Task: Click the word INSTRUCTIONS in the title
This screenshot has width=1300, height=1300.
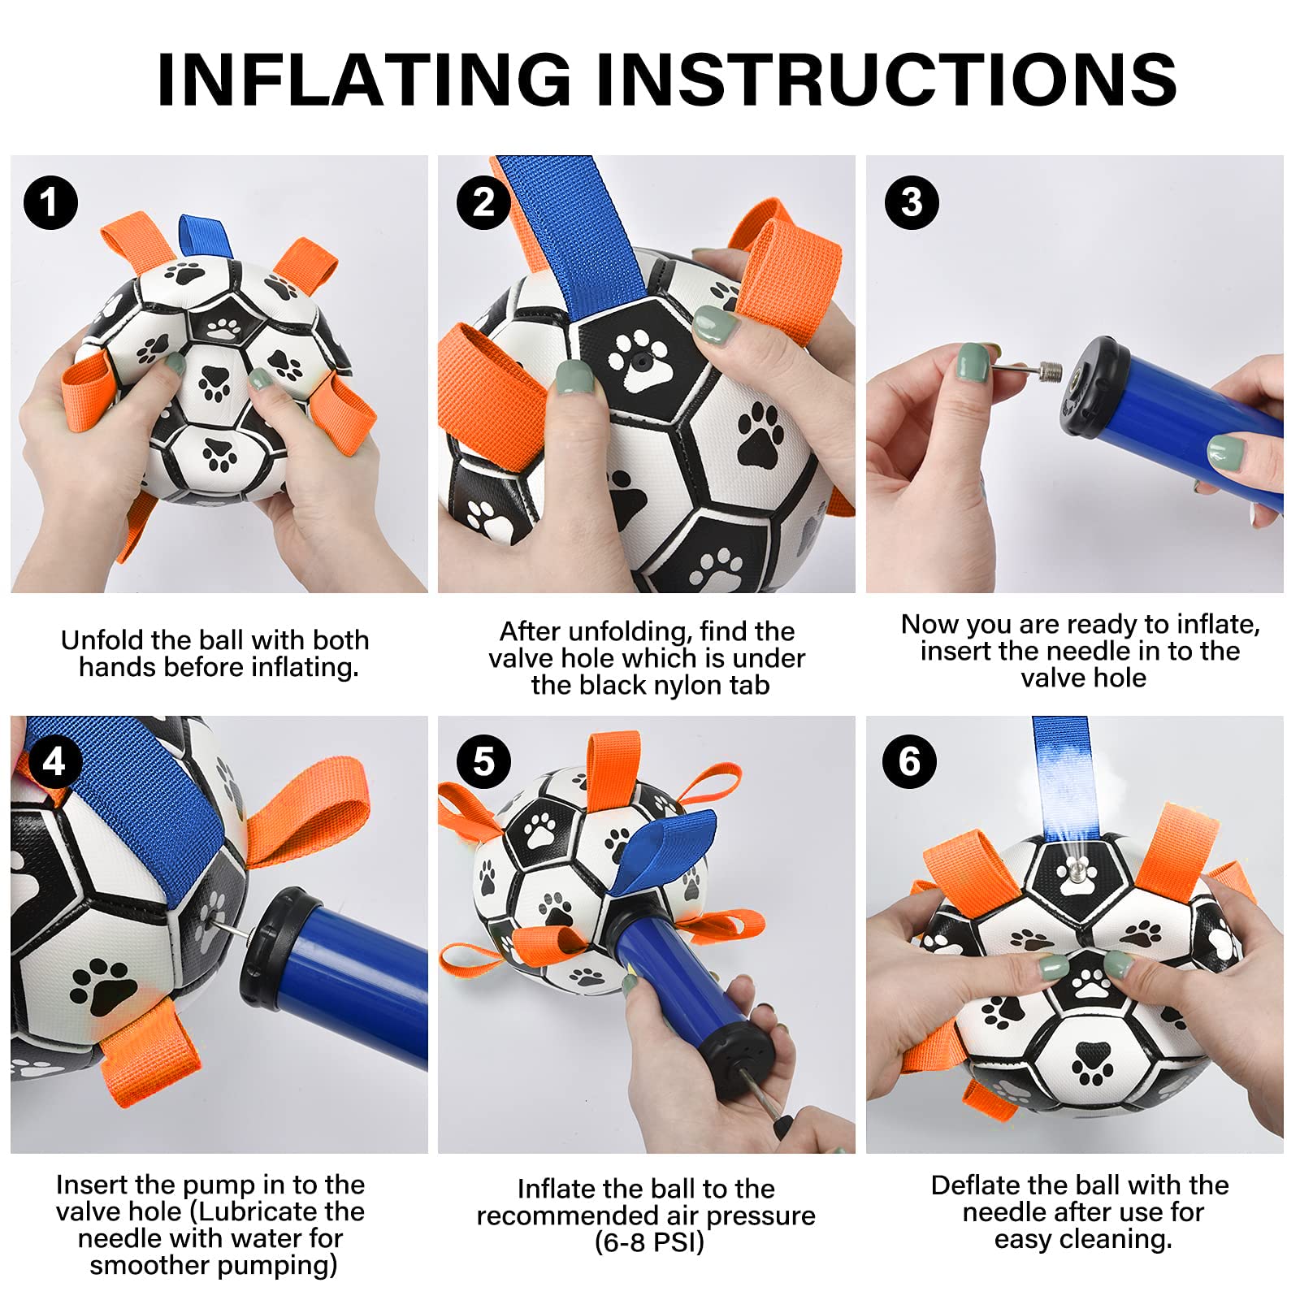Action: [886, 79]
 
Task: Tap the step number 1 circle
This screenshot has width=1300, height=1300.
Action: [50, 202]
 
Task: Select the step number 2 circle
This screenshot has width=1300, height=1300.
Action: [483, 202]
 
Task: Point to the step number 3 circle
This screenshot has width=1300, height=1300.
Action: [912, 202]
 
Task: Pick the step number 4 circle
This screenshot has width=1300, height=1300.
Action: [54, 762]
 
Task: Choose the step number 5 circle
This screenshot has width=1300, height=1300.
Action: [483, 762]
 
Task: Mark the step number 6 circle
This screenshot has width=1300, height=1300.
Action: [910, 762]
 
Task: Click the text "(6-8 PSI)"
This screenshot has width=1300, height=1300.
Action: [649, 1242]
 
